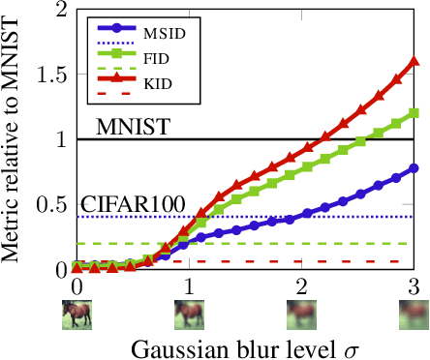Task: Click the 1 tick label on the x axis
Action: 189,287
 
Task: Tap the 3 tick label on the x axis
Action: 415,287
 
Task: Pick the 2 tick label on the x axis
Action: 302,287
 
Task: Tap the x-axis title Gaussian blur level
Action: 230,345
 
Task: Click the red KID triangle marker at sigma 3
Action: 415,60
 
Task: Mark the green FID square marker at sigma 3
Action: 415,112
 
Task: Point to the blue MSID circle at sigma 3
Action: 415,167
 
